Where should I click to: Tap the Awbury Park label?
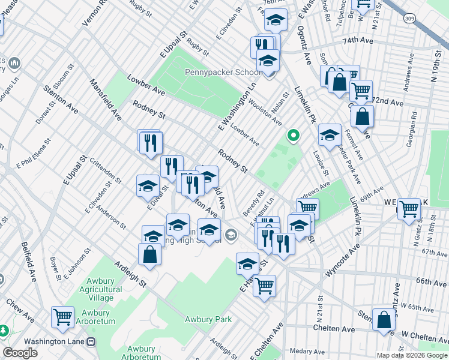point(208,319)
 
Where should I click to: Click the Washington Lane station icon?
point(91,341)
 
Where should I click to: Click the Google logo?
point(20,353)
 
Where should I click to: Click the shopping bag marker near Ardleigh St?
point(149,254)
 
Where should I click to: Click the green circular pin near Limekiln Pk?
point(293,136)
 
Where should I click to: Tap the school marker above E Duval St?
point(148,186)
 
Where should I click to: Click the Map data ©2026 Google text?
point(412,355)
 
